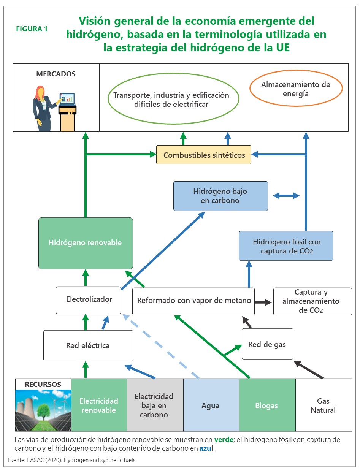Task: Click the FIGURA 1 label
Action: point(32,29)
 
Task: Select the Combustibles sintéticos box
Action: point(203,155)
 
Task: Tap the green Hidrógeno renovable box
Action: point(86,243)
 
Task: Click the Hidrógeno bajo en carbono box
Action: point(220,196)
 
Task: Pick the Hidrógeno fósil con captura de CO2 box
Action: point(286,246)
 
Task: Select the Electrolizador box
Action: point(89,300)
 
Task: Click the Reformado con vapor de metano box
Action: point(193,301)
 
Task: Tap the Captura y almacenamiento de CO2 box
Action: point(312,301)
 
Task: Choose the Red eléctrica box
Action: point(88,345)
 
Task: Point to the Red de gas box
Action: point(267,344)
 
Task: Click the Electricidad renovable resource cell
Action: point(99,405)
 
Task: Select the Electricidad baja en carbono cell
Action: point(155,405)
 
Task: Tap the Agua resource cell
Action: point(211,405)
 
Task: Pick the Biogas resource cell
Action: point(267,405)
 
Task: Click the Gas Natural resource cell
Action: point(323,405)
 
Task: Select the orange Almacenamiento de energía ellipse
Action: point(295,89)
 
